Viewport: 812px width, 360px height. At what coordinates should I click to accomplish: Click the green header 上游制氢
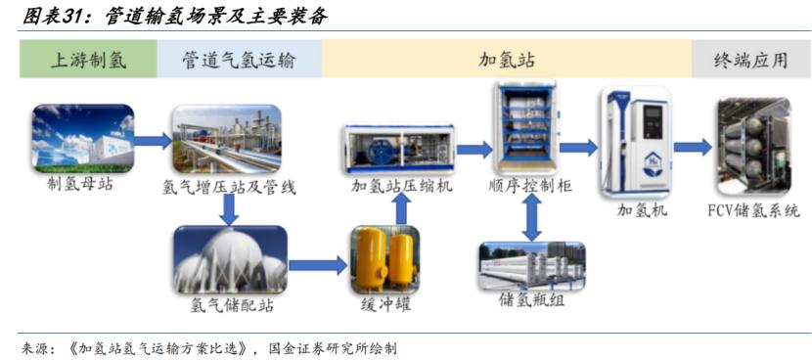point(88,60)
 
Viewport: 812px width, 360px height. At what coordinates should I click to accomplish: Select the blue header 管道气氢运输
point(239,60)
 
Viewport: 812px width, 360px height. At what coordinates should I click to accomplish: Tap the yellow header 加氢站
point(506,60)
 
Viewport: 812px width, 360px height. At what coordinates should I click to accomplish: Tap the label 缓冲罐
point(384,305)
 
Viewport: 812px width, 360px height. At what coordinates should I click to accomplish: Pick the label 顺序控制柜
point(529,186)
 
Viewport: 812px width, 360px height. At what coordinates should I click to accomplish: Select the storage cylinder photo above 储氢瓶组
point(530,266)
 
